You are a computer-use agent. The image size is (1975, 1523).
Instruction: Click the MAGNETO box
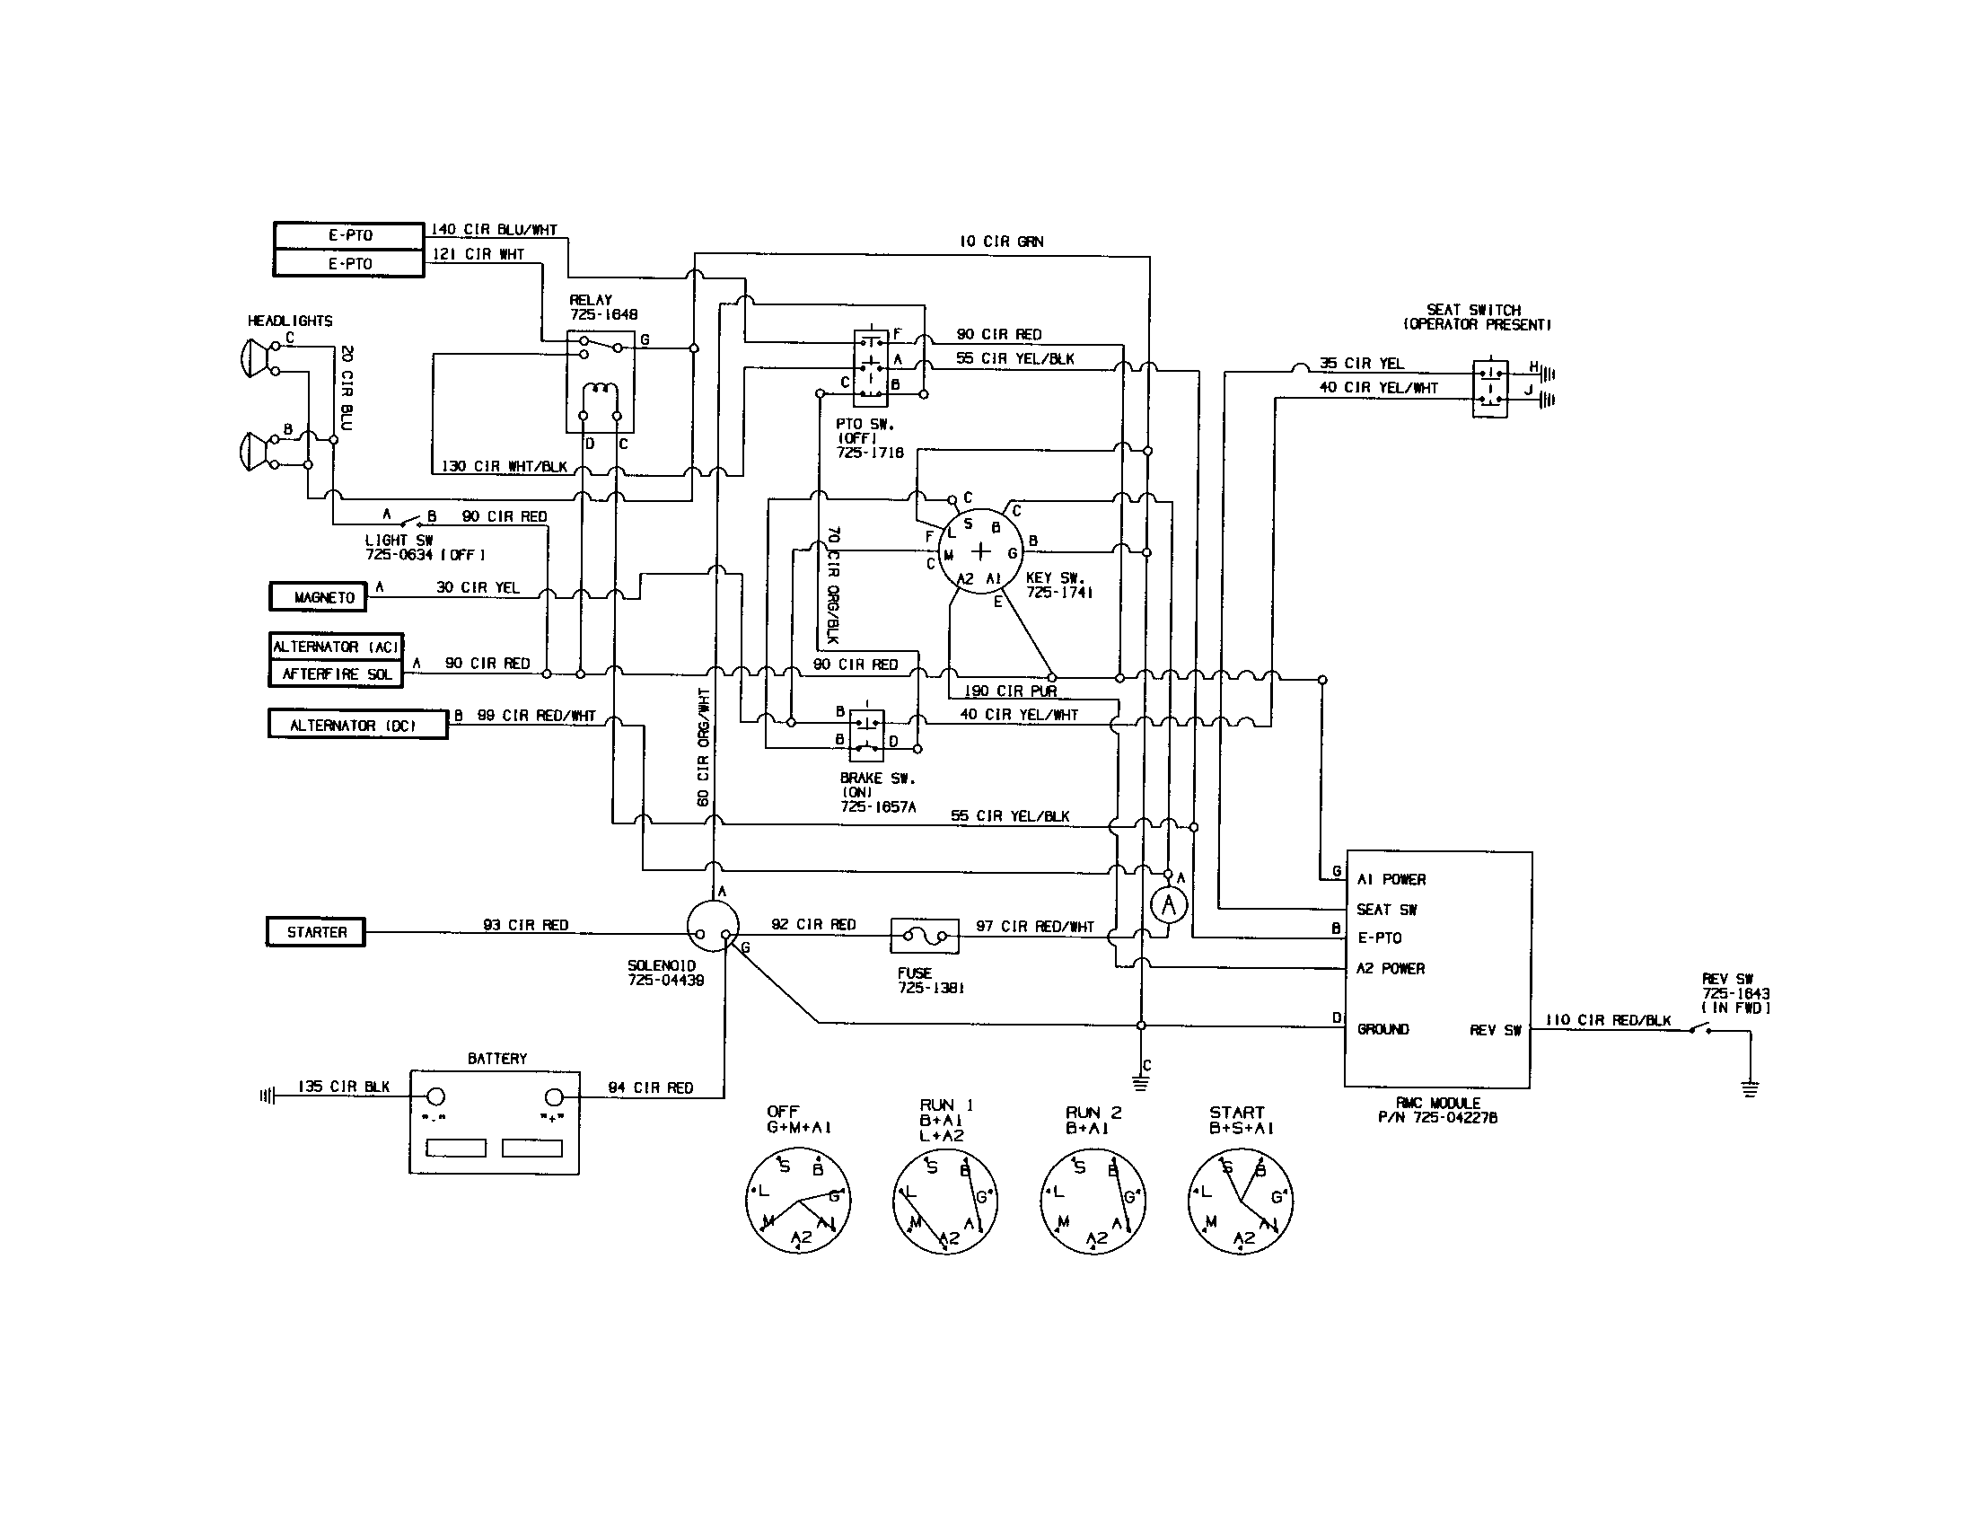click(318, 597)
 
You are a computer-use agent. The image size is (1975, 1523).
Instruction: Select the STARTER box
click(316, 931)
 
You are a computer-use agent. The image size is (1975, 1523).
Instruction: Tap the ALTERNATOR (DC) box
click(357, 725)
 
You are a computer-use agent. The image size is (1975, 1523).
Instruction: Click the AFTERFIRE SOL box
click(336, 673)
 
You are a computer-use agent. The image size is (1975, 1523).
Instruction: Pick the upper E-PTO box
click(349, 235)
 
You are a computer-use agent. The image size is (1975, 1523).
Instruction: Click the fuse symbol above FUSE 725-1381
click(924, 935)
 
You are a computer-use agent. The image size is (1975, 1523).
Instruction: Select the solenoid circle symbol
click(713, 926)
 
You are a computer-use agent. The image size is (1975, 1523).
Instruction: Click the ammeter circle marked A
click(1168, 904)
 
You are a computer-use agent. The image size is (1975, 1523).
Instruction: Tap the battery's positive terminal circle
click(553, 1097)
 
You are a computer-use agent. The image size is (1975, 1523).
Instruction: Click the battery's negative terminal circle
click(435, 1097)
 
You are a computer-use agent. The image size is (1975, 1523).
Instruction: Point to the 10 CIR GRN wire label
click(1001, 242)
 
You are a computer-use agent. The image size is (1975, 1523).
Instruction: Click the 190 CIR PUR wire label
click(1010, 691)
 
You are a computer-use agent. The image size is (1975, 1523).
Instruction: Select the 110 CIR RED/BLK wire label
click(1608, 1020)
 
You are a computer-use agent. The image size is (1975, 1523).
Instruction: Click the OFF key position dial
click(797, 1201)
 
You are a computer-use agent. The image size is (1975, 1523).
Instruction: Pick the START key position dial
click(1240, 1201)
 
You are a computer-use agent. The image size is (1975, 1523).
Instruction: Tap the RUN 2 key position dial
click(1093, 1201)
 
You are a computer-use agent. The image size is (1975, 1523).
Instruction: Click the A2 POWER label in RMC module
click(1390, 969)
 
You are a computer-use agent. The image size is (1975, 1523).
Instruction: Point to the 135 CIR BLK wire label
click(344, 1087)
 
